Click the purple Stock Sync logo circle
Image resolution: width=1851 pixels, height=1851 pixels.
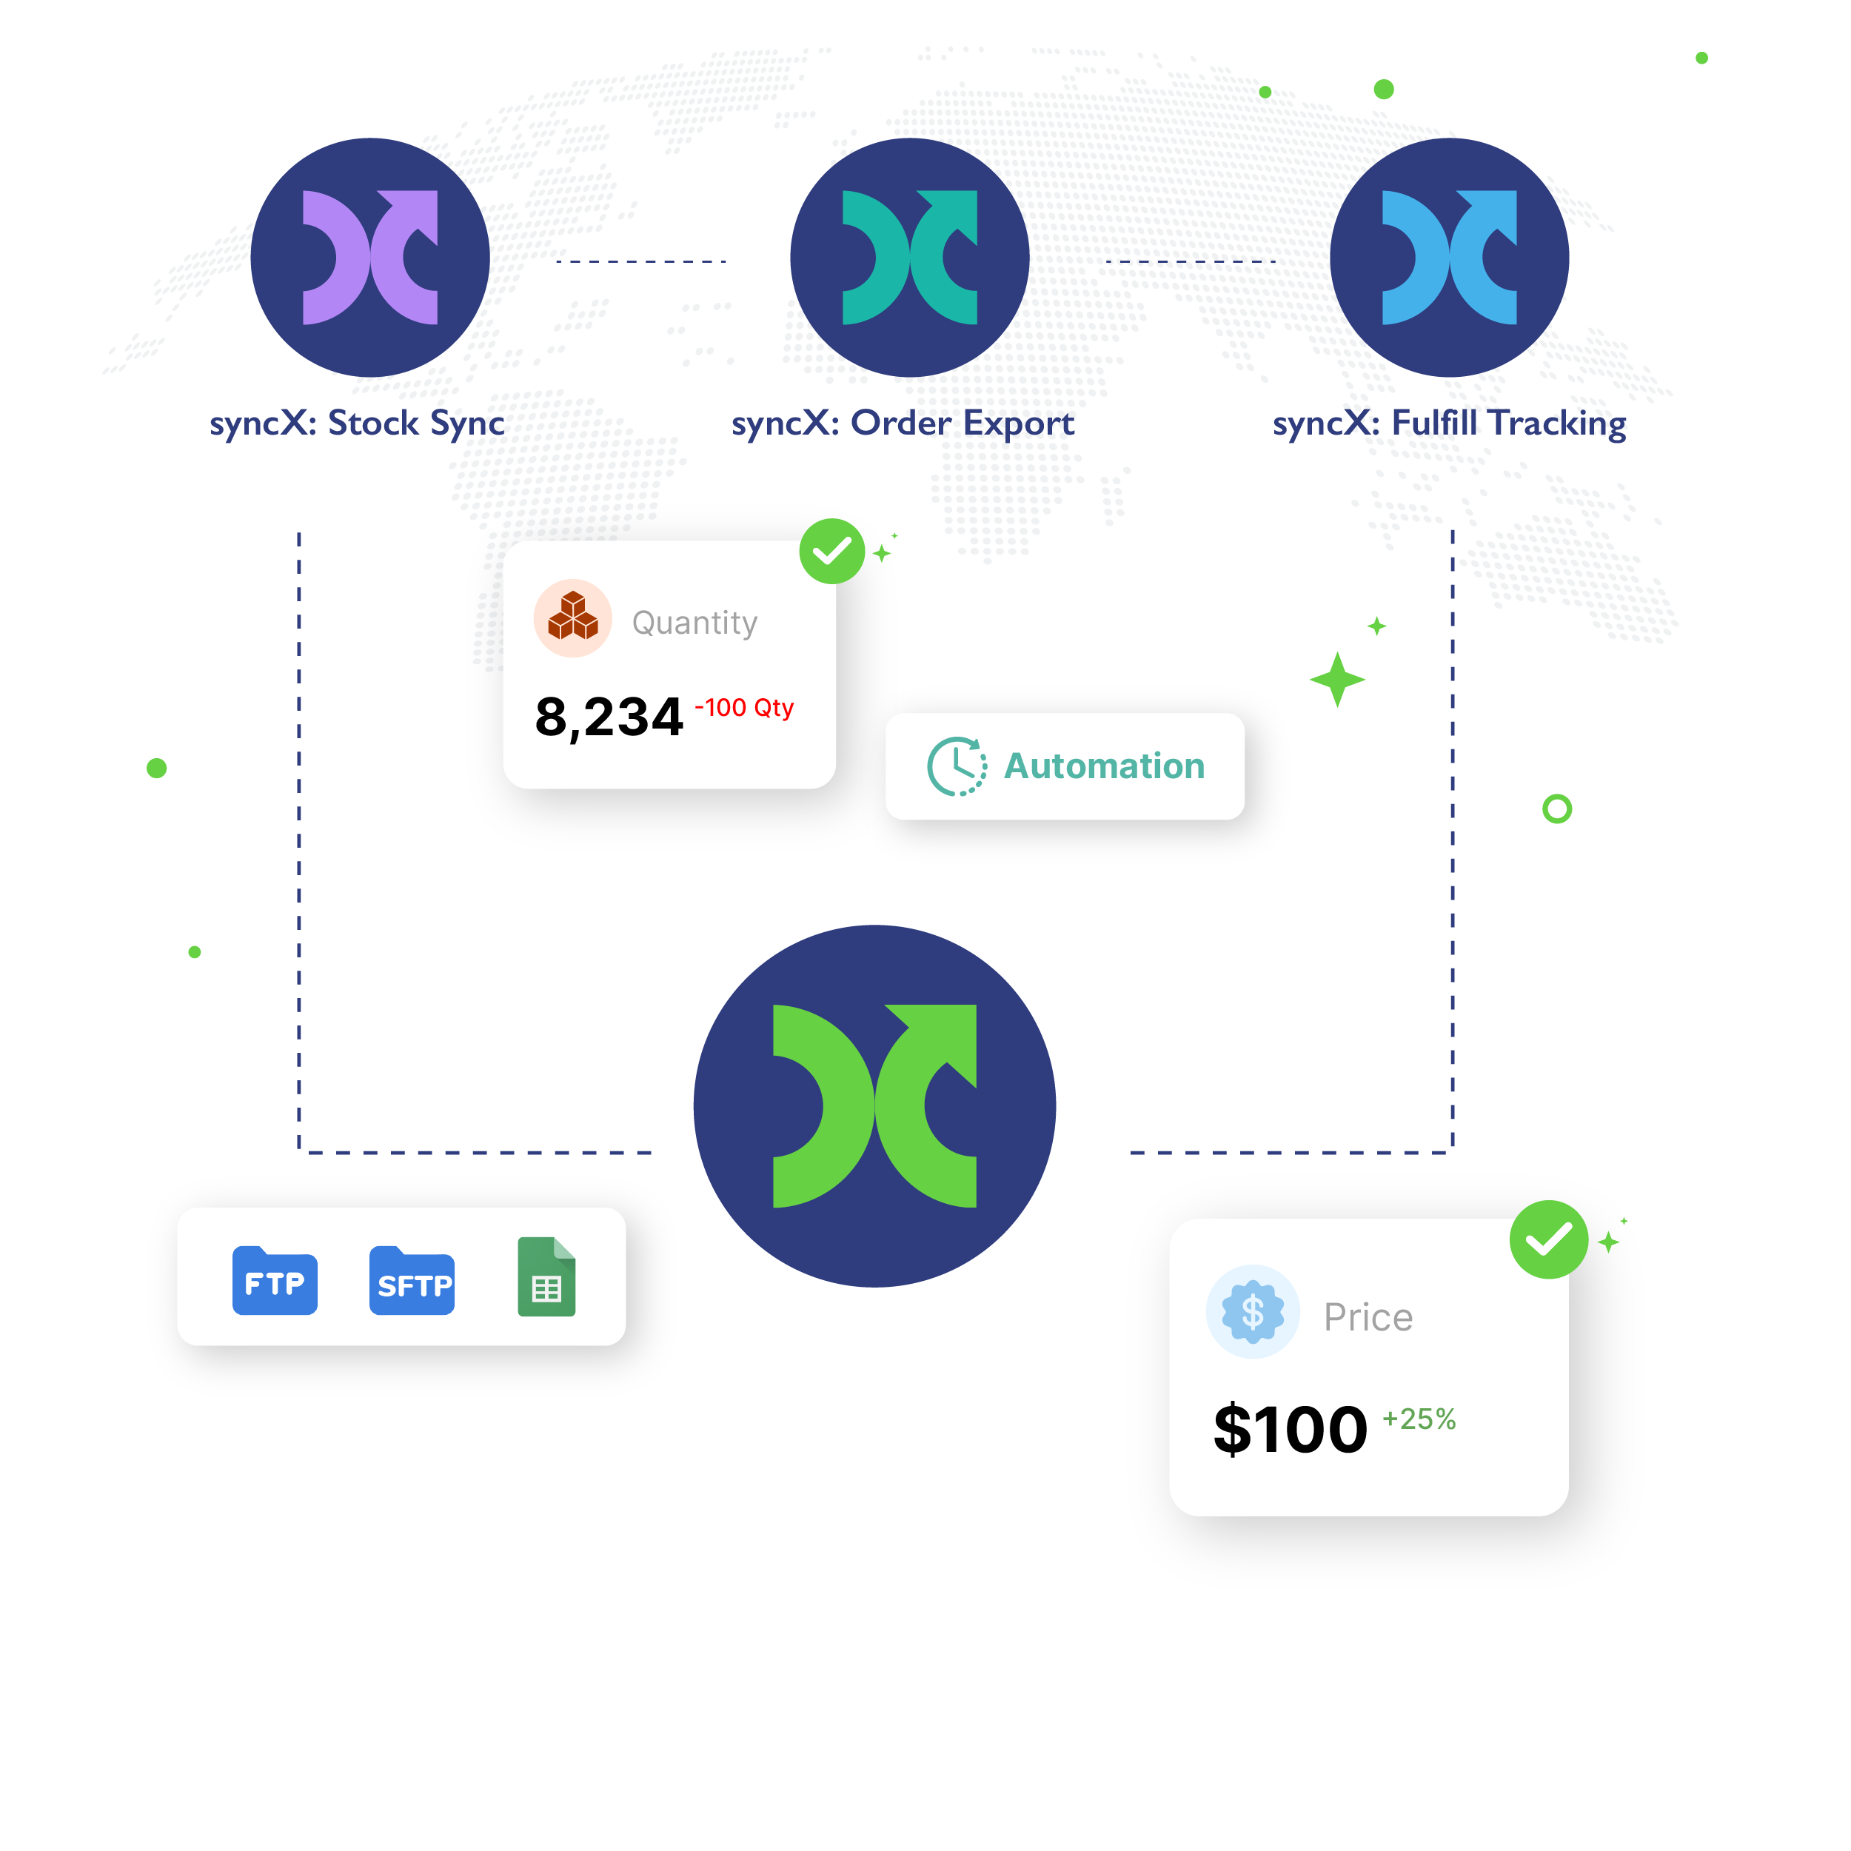tap(369, 257)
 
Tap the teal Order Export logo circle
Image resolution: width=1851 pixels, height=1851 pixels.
tap(909, 257)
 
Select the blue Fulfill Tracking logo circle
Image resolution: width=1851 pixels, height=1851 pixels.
tap(1449, 257)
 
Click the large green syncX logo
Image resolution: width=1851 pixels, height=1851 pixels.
tap(874, 1105)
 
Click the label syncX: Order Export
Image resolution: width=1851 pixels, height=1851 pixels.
tap(903, 424)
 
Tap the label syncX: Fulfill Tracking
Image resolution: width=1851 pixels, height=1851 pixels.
tap(1449, 424)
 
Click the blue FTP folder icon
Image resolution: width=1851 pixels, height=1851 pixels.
tap(275, 1280)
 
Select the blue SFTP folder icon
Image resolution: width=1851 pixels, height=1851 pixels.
tap(412, 1280)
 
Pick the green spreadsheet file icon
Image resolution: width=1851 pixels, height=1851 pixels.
tap(546, 1276)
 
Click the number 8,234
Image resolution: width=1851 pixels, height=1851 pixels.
tap(609, 717)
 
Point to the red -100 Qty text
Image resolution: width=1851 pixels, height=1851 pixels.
tap(744, 708)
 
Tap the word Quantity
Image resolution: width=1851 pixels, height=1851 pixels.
tap(694, 623)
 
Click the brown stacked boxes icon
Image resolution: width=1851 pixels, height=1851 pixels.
tap(573, 617)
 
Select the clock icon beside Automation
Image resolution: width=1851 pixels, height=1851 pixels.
tap(956, 766)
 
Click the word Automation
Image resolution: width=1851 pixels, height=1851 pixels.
tap(1104, 766)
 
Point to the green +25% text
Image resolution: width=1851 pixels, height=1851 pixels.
tap(1419, 1419)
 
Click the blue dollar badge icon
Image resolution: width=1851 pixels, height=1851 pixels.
tap(1252, 1311)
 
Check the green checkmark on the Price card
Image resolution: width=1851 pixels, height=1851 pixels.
tap(1548, 1239)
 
